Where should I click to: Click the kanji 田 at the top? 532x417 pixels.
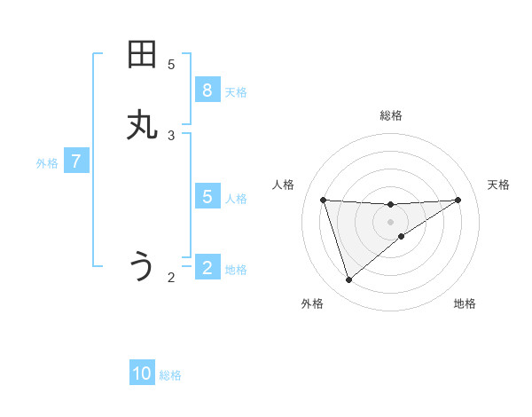coord(142,55)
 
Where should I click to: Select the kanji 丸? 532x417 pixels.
coord(142,125)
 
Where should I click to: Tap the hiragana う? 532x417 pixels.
coord(142,266)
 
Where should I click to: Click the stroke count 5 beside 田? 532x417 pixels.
coord(171,65)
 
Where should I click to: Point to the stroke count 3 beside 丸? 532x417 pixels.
coord(171,136)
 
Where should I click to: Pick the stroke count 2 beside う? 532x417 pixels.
coord(171,278)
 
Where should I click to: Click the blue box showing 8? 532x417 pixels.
coord(207,90)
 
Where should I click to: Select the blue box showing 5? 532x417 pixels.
coord(207,197)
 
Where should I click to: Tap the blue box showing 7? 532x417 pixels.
coord(76,161)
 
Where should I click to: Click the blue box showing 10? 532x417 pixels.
coord(142,374)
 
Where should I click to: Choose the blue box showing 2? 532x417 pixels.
coord(207,268)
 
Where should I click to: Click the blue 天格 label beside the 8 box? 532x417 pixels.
coord(236,92)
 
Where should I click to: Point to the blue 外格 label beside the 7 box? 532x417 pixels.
coord(47,163)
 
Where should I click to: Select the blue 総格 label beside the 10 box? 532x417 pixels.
coord(170,375)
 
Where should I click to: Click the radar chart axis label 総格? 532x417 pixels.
coord(390,115)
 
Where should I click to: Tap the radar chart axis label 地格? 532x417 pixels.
coord(465,303)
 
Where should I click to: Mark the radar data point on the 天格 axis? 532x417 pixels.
coord(458,200)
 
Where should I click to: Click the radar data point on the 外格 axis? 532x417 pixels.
coord(348,280)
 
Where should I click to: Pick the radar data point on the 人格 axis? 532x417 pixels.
coord(323,200)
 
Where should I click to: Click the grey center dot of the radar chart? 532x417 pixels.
coord(390,221)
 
